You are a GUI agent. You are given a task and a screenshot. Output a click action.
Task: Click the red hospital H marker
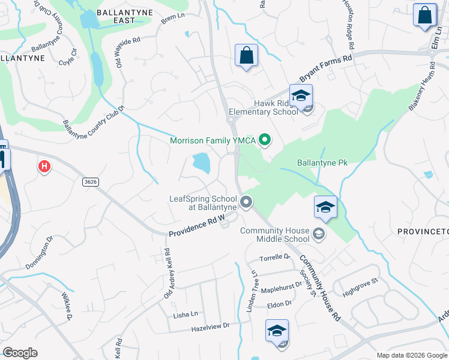click(44, 166)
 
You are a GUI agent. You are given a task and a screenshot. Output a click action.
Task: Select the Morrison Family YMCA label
click(213, 141)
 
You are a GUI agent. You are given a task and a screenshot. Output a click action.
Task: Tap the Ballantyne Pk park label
click(322, 163)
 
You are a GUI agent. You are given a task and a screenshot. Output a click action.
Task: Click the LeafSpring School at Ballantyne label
click(203, 203)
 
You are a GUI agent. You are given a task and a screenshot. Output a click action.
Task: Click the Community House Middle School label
click(274, 235)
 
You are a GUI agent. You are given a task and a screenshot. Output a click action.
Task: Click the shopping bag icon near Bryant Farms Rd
click(246, 56)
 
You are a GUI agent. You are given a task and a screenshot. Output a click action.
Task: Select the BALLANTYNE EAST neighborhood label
click(116, 15)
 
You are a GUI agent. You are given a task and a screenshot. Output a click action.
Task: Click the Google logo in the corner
click(20, 352)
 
